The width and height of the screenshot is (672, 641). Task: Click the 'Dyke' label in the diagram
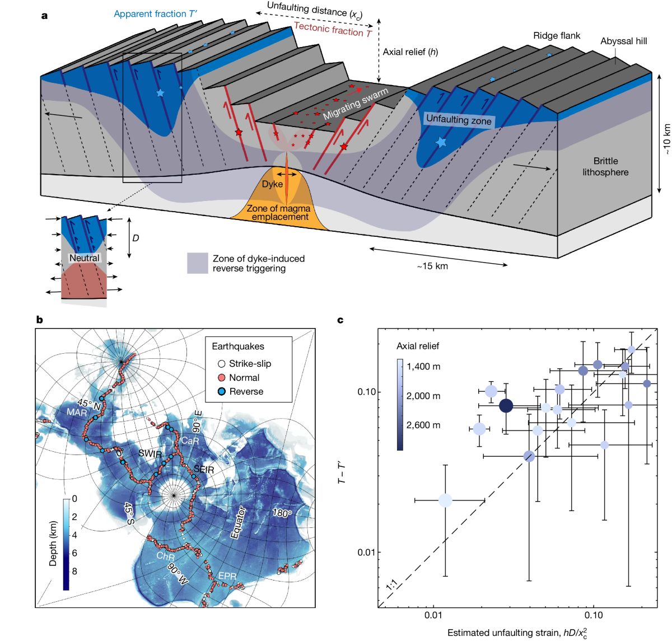click(x=272, y=184)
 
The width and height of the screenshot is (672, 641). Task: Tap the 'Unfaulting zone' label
click(x=459, y=120)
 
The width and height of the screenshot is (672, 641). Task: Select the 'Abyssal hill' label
click(x=623, y=41)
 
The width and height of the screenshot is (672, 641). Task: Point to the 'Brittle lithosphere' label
click(x=605, y=167)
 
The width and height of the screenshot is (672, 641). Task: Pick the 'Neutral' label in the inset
click(x=84, y=258)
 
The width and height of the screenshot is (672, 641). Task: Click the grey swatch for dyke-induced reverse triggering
click(x=197, y=263)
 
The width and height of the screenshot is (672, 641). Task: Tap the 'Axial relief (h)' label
click(x=410, y=52)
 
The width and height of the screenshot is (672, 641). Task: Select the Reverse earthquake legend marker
click(x=222, y=392)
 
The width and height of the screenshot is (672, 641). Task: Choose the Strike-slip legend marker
click(x=222, y=364)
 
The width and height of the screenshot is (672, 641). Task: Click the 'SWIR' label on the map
click(x=150, y=454)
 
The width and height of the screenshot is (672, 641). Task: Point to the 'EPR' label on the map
click(x=227, y=576)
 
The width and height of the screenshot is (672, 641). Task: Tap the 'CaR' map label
click(x=190, y=441)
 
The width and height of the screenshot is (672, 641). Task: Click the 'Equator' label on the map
click(x=238, y=522)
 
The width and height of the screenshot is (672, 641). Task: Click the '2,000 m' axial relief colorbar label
click(x=423, y=396)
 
